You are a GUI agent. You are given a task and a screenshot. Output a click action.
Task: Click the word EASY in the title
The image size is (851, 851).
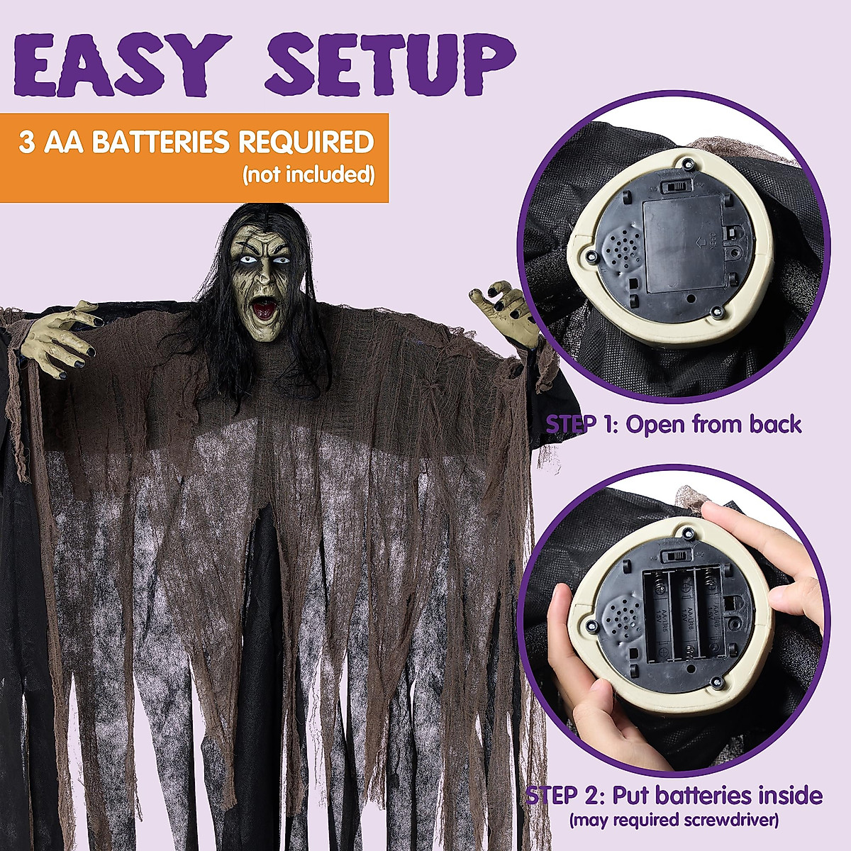tap(121, 60)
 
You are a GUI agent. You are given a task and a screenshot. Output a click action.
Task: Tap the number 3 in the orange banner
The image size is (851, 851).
tap(27, 143)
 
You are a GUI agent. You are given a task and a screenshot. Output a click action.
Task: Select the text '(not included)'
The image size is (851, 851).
tap(308, 174)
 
